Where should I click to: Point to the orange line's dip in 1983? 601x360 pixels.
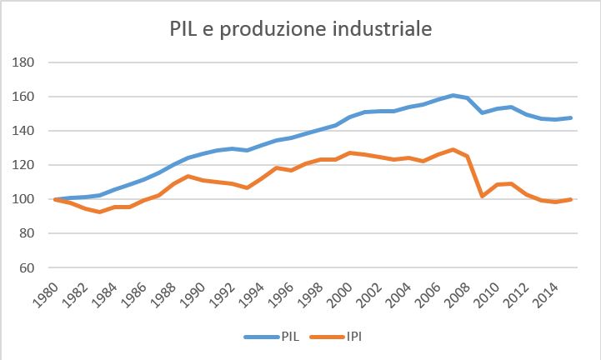(x=98, y=212)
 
